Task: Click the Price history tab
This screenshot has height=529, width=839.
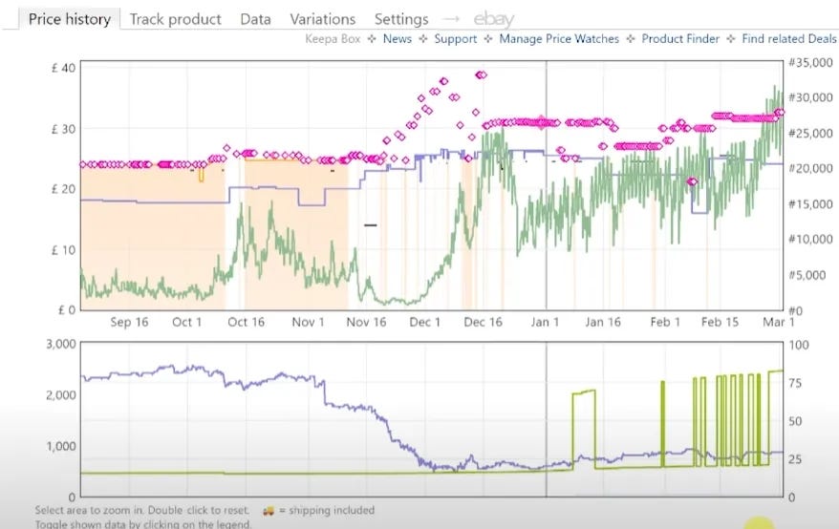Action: pos(70,19)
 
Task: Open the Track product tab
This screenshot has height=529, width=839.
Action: pos(175,19)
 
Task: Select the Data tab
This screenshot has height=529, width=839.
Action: pos(255,19)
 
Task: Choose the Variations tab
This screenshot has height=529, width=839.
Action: pos(322,19)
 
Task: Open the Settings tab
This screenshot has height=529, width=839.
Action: pos(401,19)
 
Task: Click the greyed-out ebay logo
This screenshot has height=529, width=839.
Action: pos(493,19)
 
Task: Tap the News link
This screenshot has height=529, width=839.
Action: pos(397,39)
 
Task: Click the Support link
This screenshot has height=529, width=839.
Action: pos(455,39)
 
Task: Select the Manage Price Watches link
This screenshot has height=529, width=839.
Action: pos(559,39)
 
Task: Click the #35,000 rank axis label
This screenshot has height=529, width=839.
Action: pos(809,63)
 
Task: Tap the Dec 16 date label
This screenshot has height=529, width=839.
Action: pos(484,323)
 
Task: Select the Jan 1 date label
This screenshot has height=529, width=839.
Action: pos(546,323)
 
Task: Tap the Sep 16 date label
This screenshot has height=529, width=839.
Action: pos(130,323)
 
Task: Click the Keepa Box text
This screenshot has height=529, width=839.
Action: pos(333,39)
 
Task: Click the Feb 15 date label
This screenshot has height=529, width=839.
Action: pos(721,323)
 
